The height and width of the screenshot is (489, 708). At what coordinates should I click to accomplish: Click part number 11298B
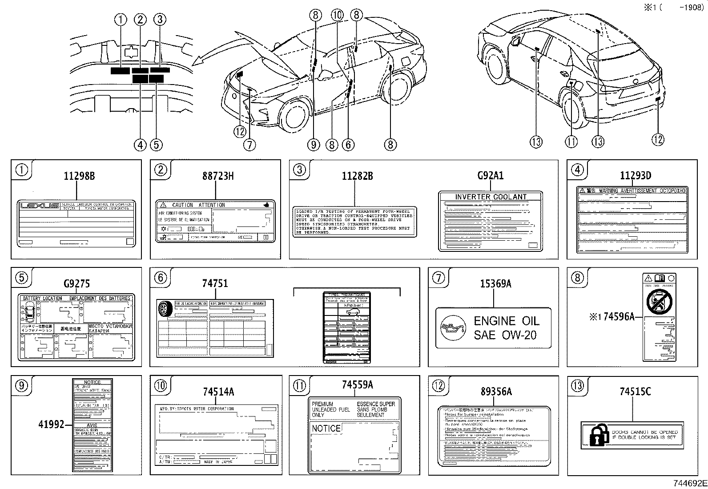79,176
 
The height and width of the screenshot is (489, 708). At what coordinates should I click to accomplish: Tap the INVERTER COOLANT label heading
491,197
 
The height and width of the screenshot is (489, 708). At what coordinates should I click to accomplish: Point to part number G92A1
490,176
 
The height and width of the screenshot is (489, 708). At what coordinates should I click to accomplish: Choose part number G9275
76,283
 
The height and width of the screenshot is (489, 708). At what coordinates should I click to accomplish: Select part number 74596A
619,317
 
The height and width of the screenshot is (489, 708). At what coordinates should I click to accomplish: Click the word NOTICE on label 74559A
326,428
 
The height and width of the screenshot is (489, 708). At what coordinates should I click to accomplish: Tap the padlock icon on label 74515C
599,435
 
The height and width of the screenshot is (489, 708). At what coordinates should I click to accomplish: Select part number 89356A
495,392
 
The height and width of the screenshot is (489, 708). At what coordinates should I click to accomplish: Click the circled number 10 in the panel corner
161,386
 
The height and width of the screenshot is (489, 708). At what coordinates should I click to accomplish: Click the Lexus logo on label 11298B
39,206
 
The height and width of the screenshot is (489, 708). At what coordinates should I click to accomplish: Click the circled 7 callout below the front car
249,144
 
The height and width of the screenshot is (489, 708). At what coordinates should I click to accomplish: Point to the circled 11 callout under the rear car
571,142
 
